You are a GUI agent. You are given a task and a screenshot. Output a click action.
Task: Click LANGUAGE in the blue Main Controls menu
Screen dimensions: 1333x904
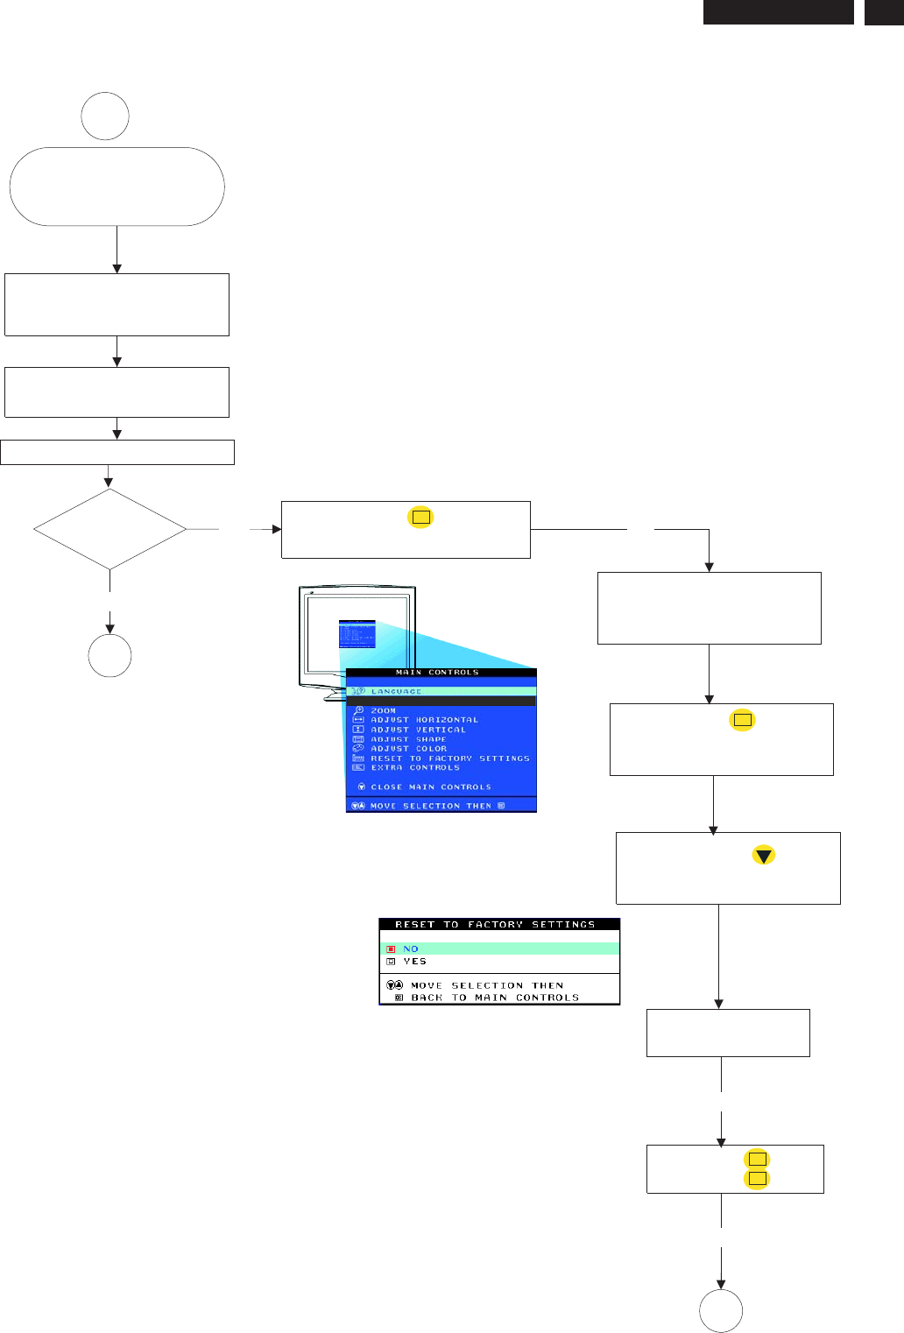[x=396, y=691]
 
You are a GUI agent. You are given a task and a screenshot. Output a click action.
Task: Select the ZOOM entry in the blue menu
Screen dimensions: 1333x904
[x=383, y=710]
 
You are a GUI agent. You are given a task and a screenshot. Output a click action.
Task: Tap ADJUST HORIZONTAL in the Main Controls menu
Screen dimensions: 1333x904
[x=424, y=720]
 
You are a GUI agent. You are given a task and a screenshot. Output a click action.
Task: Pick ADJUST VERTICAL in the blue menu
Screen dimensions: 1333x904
[x=418, y=730]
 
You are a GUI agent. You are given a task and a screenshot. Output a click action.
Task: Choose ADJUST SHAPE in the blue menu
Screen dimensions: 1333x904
[x=408, y=739]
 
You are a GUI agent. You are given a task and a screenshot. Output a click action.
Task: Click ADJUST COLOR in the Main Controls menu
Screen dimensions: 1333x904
[x=408, y=749]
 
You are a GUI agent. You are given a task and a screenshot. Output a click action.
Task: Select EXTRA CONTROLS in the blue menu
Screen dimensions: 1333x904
[x=414, y=768]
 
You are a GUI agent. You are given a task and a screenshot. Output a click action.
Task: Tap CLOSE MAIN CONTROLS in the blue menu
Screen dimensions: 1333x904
[x=430, y=787]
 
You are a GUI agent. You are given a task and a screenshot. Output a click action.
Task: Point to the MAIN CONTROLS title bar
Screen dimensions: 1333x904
[x=437, y=673]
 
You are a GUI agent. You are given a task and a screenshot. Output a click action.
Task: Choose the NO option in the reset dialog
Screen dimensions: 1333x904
[x=410, y=949]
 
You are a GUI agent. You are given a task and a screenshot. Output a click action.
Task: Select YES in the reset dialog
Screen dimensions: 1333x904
[x=414, y=962]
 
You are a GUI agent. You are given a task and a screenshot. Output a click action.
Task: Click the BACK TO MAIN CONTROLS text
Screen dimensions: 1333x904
[x=494, y=998]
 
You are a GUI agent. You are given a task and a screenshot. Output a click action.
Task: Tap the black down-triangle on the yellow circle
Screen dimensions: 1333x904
[x=764, y=856]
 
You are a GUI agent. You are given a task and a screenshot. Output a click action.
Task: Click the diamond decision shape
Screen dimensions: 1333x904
[x=109, y=529]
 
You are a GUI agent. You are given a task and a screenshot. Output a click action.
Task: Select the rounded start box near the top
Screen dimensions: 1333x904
[x=117, y=187]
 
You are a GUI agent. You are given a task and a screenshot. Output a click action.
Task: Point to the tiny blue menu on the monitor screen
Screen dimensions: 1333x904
[x=357, y=634]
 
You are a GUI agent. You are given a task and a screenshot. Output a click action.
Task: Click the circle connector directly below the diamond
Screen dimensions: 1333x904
[x=109, y=656]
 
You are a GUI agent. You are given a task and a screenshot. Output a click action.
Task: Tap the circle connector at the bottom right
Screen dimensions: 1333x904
[x=721, y=1311]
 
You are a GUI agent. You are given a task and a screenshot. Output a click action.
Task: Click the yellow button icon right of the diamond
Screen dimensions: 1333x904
[x=420, y=517]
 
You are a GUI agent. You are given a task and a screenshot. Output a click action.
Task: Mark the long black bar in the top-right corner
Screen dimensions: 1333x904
[x=778, y=12]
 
